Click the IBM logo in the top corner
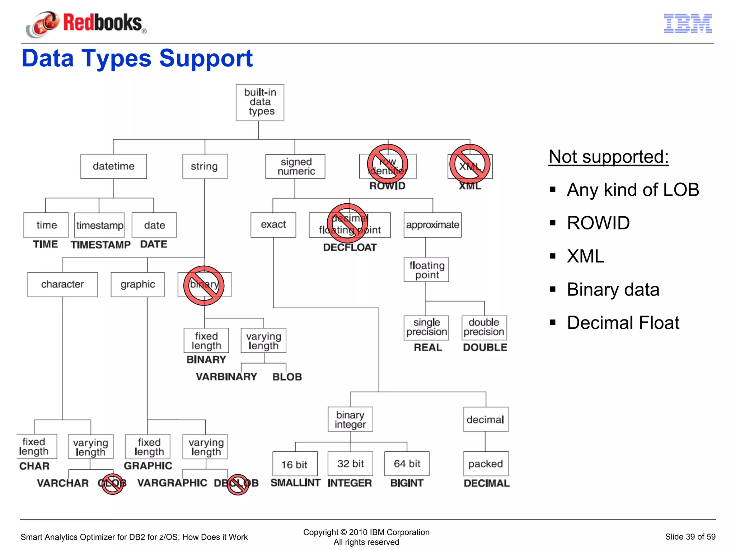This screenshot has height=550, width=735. pyautogui.click(x=688, y=24)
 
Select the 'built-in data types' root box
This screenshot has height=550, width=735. pyautogui.click(x=260, y=103)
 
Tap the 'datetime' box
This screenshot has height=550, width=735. pyautogui.click(x=113, y=166)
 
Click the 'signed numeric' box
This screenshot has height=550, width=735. pyautogui.click(x=295, y=166)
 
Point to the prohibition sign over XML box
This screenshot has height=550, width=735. pyautogui.click(x=470, y=164)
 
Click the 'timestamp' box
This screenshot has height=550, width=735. pyautogui.click(x=99, y=225)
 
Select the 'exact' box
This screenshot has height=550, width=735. pyautogui.click(x=273, y=225)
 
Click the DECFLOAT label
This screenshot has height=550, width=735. pyautogui.click(x=350, y=247)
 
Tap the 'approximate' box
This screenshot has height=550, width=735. pyautogui.click(x=432, y=225)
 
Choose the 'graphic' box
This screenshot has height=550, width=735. pyautogui.click(x=138, y=284)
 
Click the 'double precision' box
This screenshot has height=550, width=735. pyautogui.click(x=484, y=327)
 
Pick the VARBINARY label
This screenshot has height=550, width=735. pyautogui.click(x=226, y=376)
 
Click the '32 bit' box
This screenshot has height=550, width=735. pyautogui.click(x=350, y=464)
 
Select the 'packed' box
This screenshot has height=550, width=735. pyautogui.click(x=486, y=464)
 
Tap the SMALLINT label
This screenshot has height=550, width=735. pyautogui.click(x=295, y=483)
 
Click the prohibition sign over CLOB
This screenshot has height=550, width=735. pyautogui.click(x=112, y=484)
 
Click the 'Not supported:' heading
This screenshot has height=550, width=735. pyautogui.click(x=608, y=157)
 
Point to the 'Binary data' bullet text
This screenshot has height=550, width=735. pyautogui.click(x=613, y=289)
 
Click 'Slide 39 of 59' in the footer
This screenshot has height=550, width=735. pyautogui.click(x=690, y=537)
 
